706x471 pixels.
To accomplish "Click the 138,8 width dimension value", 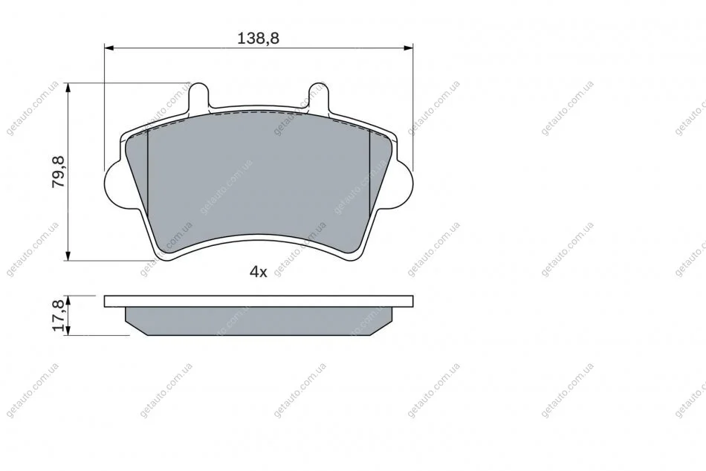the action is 259,39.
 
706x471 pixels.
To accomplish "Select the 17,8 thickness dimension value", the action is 59,316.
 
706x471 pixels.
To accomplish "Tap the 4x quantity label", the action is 259,271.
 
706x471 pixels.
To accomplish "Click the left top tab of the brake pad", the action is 198,96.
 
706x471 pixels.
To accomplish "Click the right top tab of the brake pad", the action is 318,96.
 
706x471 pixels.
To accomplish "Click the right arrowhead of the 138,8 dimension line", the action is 408,48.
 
